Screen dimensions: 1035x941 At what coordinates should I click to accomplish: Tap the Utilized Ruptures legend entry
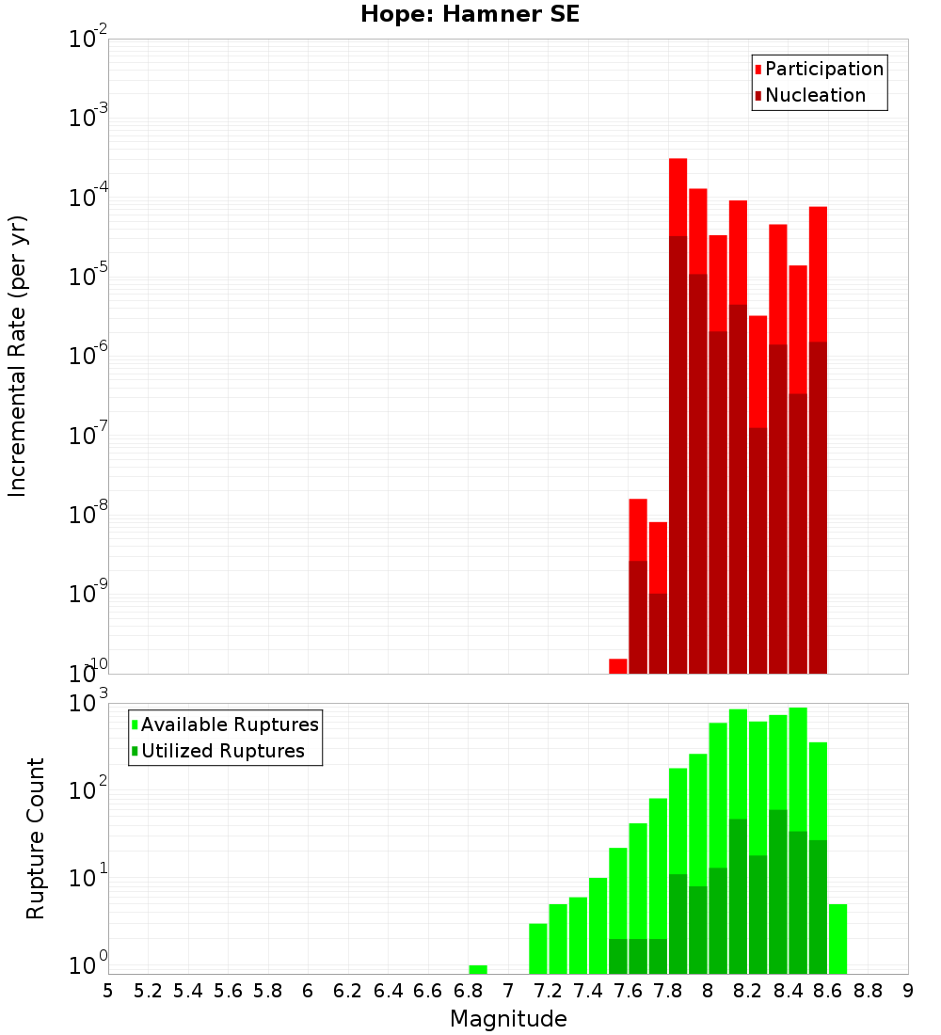(221, 751)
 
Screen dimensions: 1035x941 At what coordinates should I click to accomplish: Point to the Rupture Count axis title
(36, 837)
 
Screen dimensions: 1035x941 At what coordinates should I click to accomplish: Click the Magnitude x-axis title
(508, 1019)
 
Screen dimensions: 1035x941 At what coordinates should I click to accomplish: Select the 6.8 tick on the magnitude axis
(468, 991)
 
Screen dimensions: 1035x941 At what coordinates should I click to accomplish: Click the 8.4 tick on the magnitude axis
(788, 991)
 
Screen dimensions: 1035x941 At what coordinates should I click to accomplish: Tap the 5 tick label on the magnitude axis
(108, 991)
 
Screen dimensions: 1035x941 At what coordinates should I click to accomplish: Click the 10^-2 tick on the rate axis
(89, 40)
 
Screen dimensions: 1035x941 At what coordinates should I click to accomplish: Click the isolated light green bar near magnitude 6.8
(478, 969)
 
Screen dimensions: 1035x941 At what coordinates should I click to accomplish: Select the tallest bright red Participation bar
(678, 198)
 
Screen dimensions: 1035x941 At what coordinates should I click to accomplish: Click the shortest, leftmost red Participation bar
(618, 666)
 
